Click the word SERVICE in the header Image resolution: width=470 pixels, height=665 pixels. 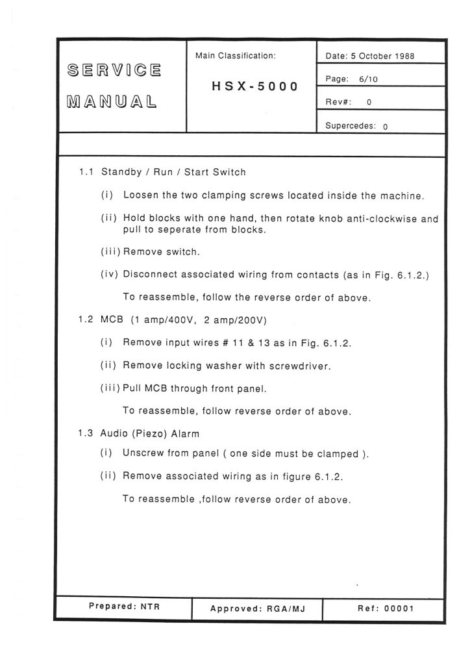click(114, 69)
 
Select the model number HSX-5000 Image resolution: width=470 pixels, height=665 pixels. click(254, 86)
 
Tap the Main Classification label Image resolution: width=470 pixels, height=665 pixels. click(236, 56)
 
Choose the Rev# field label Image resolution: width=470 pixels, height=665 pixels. click(340, 101)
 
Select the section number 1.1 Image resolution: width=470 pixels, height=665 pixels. click(88, 172)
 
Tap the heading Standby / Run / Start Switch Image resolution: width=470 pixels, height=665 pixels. click(173, 172)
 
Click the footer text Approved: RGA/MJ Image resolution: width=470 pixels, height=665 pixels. click(258, 609)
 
